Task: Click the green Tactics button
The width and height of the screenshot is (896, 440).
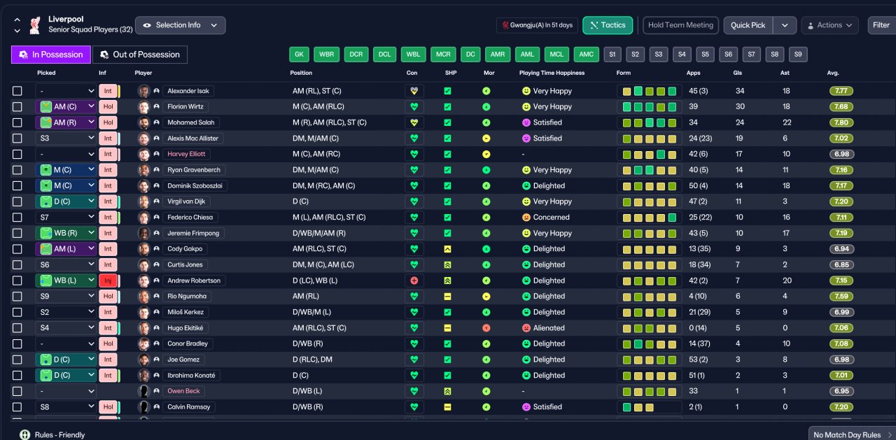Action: point(608,25)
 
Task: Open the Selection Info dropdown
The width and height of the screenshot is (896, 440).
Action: point(181,25)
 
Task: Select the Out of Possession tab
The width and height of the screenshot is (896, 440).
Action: point(140,55)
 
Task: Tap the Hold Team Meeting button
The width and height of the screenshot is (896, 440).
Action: point(680,25)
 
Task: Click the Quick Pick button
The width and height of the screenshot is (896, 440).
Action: point(748,25)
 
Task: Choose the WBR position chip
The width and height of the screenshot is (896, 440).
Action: point(326,55)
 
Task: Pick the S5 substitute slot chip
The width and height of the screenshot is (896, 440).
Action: point(705,55)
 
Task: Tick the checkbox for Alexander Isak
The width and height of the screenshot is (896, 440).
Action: point(17,91)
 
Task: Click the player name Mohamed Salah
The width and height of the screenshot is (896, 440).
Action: point(191,122)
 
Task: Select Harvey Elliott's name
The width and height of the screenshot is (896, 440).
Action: point(186,154)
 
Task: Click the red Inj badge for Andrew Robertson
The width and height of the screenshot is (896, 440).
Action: point(108,281)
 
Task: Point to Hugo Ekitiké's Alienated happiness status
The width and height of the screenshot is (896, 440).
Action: point(549,328)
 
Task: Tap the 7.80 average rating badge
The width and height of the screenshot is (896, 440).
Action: point(841,122)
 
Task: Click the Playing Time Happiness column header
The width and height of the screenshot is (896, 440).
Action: point(552,73)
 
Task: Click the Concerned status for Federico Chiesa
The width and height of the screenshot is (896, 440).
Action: point(551,218)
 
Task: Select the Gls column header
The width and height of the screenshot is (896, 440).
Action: point(738,73)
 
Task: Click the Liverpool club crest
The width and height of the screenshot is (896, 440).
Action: point(35,25)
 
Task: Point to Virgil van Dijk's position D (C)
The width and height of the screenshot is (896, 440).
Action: point(300,201)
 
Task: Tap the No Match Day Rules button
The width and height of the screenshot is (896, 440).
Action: point(848,434)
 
